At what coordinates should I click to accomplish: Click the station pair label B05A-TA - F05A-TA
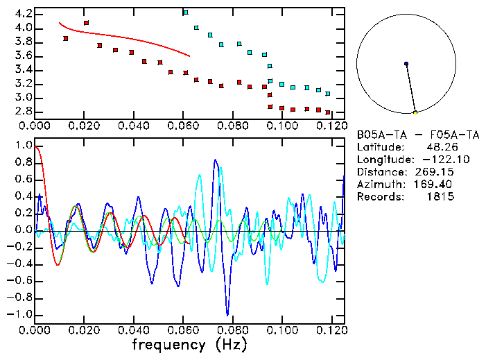[x=417, y=135]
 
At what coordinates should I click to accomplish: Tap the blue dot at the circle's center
[x=406, y=64]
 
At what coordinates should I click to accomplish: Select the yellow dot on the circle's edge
[x=415, y=112]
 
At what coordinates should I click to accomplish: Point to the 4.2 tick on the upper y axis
[x=21, y=14]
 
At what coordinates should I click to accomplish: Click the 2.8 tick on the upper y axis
[x=21, y=111]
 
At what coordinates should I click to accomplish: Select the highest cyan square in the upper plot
[x=185, y=12]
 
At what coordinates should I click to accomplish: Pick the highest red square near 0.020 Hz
[x=86, y=23]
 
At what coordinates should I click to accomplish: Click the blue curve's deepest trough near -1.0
[x=227, y=314]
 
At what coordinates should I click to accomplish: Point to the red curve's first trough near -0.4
[x=58, y=265]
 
